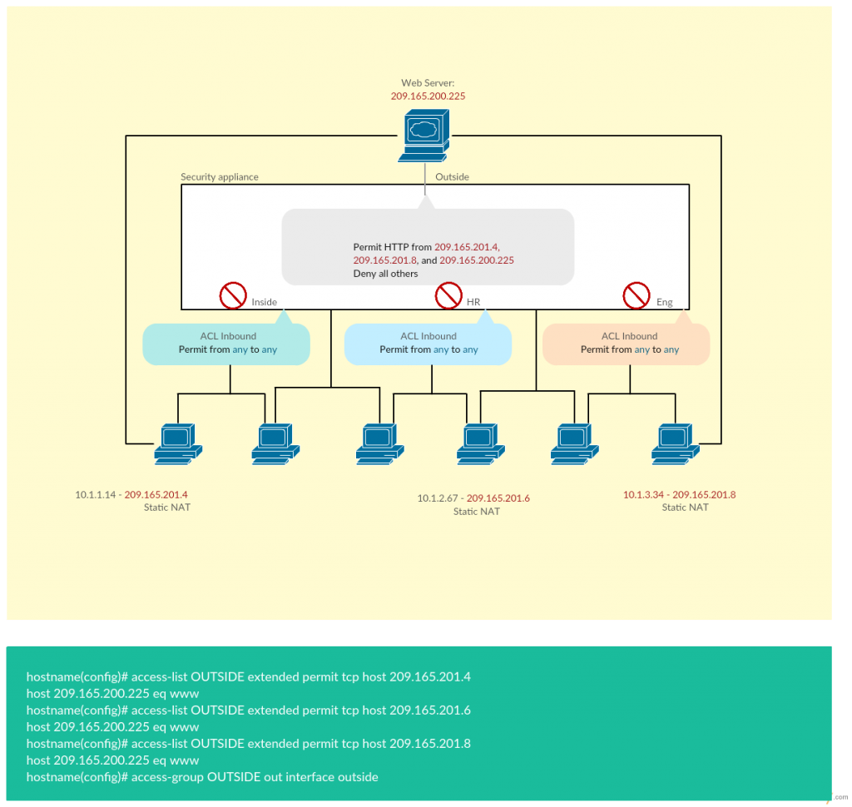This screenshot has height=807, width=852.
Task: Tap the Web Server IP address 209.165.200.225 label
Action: pos(428,97)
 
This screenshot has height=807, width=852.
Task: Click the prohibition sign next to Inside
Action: pos(233,295)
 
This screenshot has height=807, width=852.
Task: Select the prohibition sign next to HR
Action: pos(448,295)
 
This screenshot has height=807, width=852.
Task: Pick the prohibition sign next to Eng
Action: pos(637,295)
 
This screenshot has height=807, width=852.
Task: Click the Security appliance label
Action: pos(220,177)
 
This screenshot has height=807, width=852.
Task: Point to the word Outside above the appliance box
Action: pos(452,177)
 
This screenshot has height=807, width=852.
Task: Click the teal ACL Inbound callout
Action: pos(226,344)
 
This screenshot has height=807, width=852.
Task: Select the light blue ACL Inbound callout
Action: pos(428,344)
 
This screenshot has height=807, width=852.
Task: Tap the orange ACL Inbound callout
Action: pos(627,344)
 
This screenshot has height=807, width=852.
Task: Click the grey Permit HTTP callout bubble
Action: pos(428,246)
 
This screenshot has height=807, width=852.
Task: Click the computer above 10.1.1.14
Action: pos(177,443)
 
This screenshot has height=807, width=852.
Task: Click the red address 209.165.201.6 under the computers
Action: pos(498,498)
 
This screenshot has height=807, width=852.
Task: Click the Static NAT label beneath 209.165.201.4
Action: pos(166,507)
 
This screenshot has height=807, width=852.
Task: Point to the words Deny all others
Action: pos(385,274)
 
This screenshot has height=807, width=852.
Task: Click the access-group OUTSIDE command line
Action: pos(202,777)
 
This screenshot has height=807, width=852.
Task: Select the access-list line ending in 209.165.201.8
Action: pos(248,744)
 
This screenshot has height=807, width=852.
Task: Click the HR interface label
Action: pos(473,303)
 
